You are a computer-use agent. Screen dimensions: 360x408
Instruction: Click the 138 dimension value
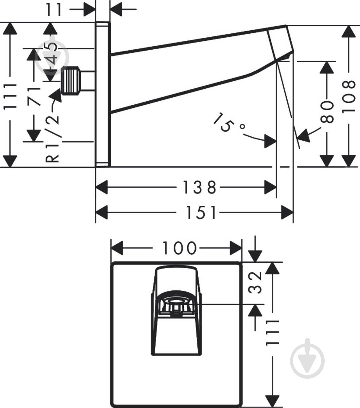coord(199,187)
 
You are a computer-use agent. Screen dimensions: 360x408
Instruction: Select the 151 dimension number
coord(200,213)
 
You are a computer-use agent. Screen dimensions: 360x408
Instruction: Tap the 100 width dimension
coord(179,248)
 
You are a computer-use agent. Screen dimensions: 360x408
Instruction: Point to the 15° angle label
coord(228,122)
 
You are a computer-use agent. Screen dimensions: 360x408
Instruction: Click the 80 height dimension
coord(327,112)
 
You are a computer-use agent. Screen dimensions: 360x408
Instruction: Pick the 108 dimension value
coord(348,97)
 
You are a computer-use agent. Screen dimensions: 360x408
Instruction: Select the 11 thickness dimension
coord(54,9)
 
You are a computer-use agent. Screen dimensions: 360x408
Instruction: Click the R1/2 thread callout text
coord(52,139)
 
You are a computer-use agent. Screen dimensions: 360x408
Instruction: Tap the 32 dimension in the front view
coord(255,283)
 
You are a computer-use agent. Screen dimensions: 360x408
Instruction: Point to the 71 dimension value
coord(34,97)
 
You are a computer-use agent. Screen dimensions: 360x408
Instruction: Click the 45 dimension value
coord(50,53)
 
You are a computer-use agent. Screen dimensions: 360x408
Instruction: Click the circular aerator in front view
coord(176,307)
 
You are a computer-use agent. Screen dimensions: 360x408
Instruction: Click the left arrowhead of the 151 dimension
coord(102,213)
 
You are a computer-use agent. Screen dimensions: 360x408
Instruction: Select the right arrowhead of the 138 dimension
coord(270,187)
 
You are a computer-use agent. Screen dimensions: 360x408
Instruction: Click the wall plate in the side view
coord(103,94)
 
